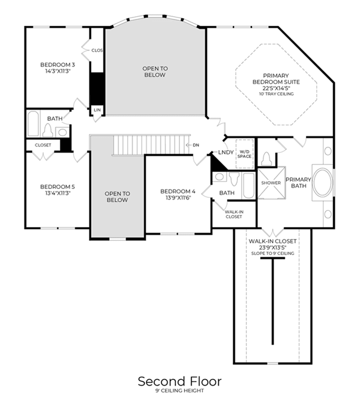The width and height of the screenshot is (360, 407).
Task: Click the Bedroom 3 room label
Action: tap(57, 65)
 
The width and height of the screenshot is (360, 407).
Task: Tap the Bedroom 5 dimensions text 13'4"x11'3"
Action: tap(57, 193)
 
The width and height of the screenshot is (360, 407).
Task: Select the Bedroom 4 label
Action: tap(178, 191)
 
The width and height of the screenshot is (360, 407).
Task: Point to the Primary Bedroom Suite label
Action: tap(276, 79)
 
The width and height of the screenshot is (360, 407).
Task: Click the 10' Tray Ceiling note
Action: tap(276, 94)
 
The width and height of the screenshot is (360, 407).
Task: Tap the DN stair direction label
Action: tap(196, 145)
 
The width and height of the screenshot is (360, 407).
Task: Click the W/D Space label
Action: tap(244, 154)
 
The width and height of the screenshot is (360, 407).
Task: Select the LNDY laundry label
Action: tap(226, 152)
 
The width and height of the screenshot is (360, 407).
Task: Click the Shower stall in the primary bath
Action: tap(272, 183)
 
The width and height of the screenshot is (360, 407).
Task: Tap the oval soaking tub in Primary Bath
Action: tap(323, 182)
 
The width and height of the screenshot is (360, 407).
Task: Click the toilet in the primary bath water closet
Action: tap(267, 159)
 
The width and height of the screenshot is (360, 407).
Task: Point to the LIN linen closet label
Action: tap(97, 110)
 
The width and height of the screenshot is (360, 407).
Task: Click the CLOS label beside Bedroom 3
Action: tap(97, 51)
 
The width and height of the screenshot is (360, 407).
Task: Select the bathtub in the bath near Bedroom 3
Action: tap(33, 124)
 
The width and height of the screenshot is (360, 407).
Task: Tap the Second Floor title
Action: tap(180, 381)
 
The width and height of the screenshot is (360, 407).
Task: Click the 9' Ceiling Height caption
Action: tap(180, 391)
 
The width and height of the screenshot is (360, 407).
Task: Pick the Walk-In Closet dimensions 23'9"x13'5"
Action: tap(272, 247)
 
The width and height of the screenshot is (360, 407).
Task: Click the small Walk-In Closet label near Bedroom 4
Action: tap(234, 214)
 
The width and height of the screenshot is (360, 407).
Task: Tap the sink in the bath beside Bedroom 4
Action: tap(219, 177)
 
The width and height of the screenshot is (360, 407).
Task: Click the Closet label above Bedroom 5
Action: tap(43, 145)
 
